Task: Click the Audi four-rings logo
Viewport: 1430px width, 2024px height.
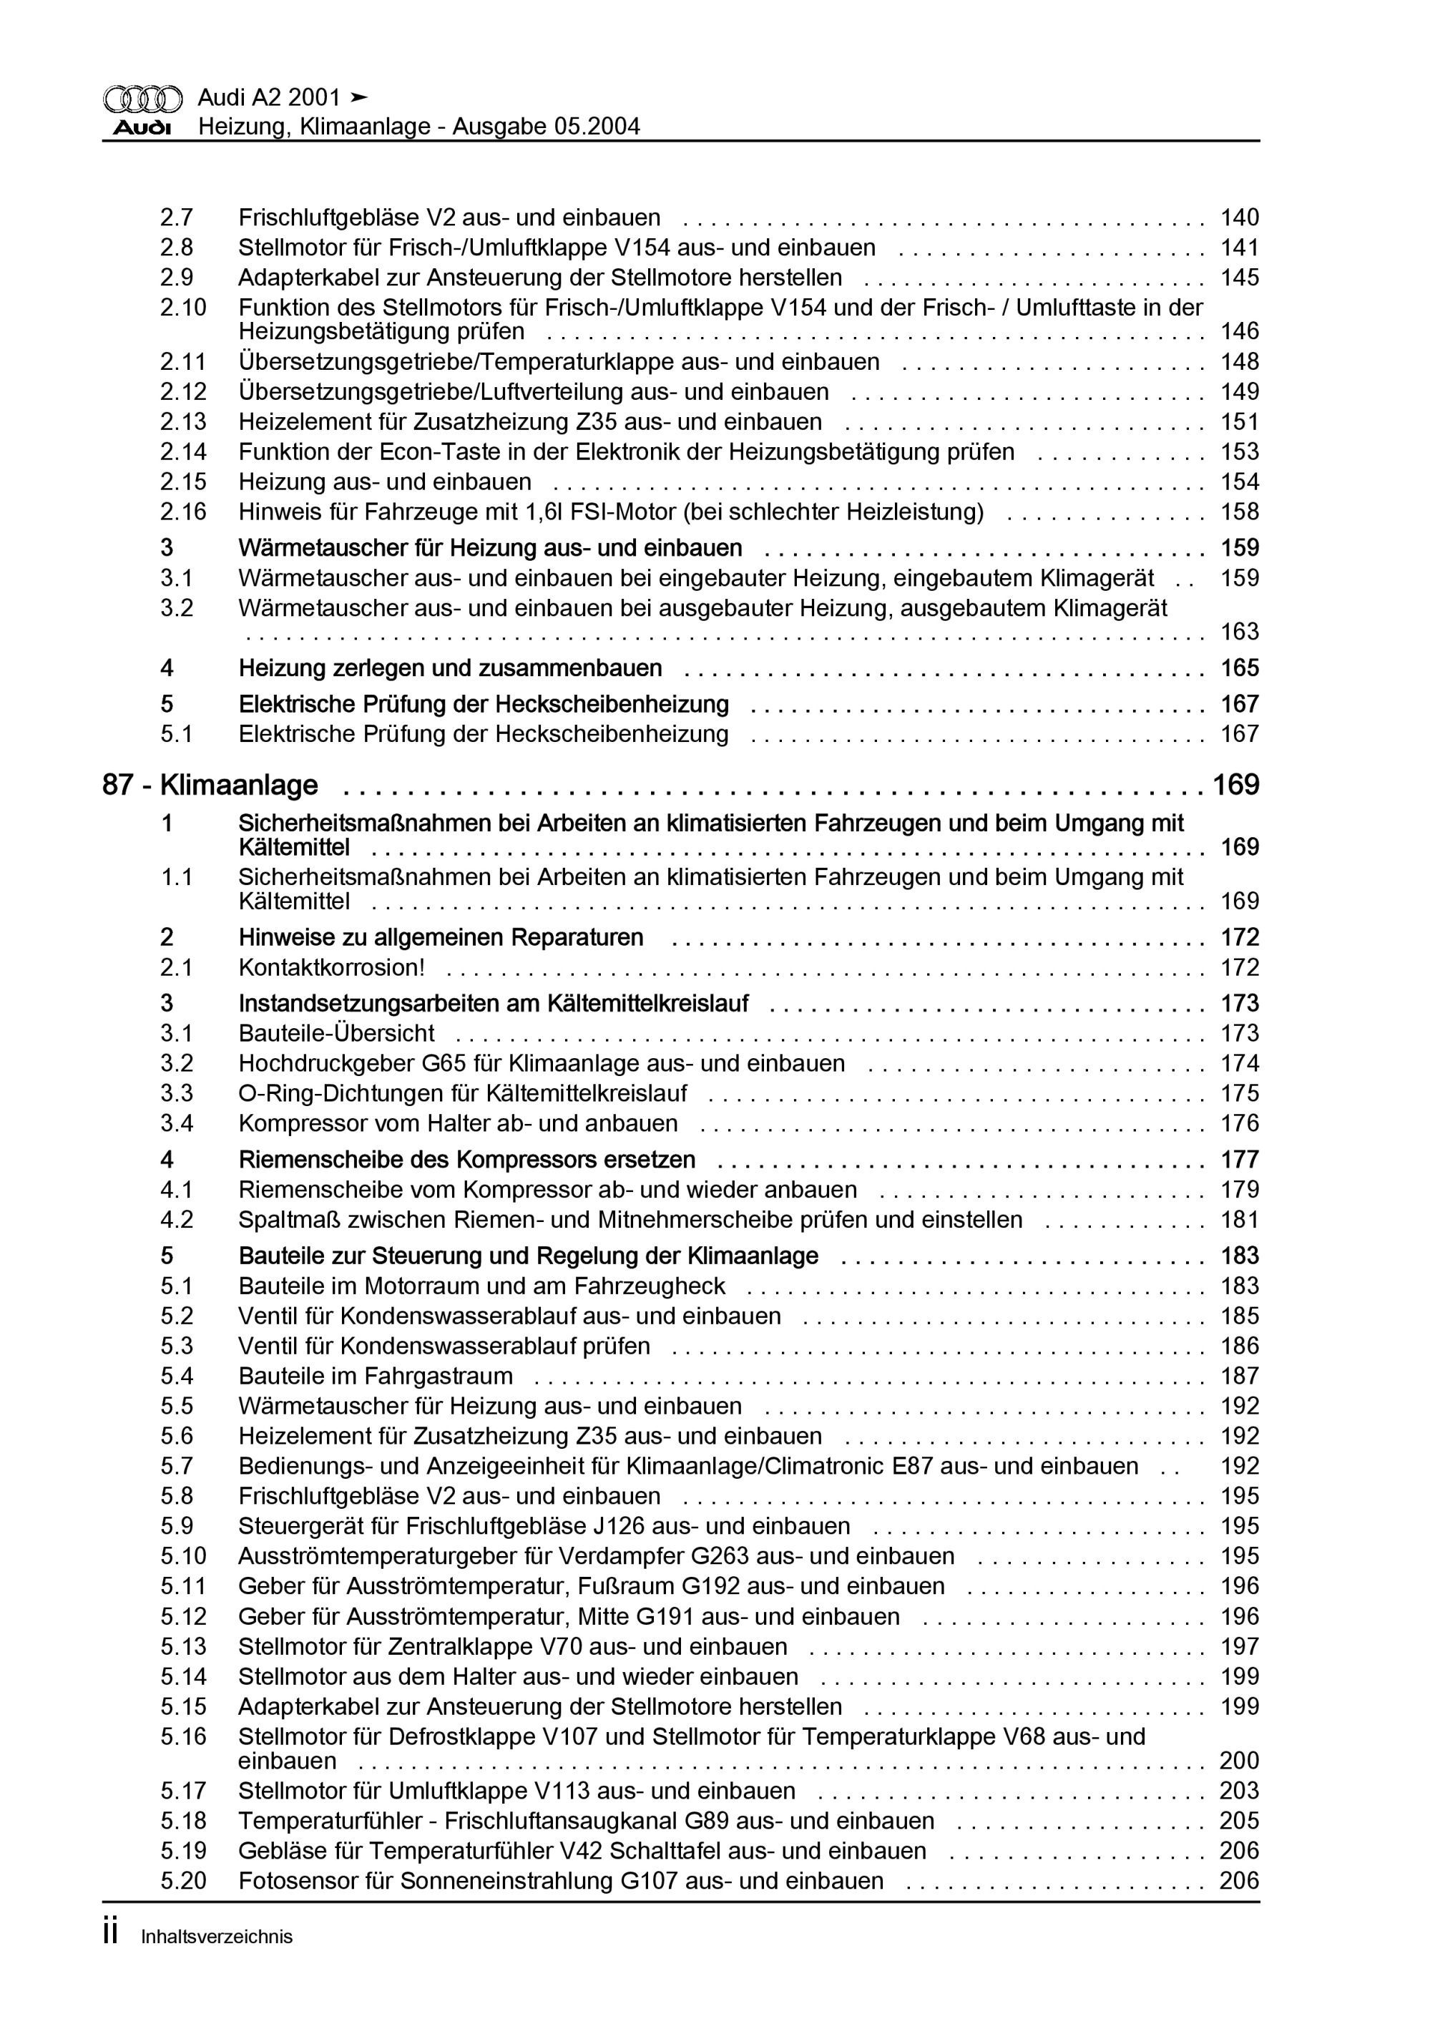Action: [143, 99]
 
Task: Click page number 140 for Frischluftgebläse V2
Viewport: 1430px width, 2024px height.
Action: [1239, 217]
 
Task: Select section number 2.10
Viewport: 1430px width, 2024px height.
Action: [183, 308]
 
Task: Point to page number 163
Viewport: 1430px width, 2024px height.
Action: [1239, 632]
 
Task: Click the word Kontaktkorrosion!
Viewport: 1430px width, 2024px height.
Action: [331, 967]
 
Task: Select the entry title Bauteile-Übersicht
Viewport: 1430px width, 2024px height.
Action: [336, 1032]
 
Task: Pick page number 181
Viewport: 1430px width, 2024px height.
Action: [1239, 1220]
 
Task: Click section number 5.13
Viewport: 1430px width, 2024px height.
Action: [183, 1647]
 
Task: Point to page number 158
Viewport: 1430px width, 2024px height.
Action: [1239, 512]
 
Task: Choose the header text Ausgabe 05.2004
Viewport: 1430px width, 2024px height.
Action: [546, 127]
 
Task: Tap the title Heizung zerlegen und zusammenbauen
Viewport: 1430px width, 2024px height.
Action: [450, 668]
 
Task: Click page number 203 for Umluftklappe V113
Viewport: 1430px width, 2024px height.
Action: [1239, 1791]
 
